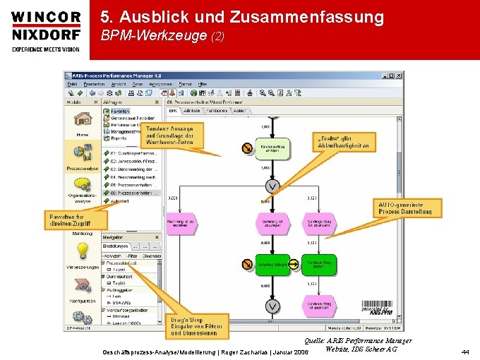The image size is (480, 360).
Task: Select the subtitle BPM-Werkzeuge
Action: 152,35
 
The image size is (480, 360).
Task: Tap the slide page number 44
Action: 464,351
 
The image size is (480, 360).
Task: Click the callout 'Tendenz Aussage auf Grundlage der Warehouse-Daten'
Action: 173,136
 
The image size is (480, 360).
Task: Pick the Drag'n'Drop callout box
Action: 198,326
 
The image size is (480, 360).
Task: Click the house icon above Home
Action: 82,121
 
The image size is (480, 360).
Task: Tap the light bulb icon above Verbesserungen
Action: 82,251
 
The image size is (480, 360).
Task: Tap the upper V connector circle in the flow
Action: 272,186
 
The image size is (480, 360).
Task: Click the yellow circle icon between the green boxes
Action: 247,264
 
